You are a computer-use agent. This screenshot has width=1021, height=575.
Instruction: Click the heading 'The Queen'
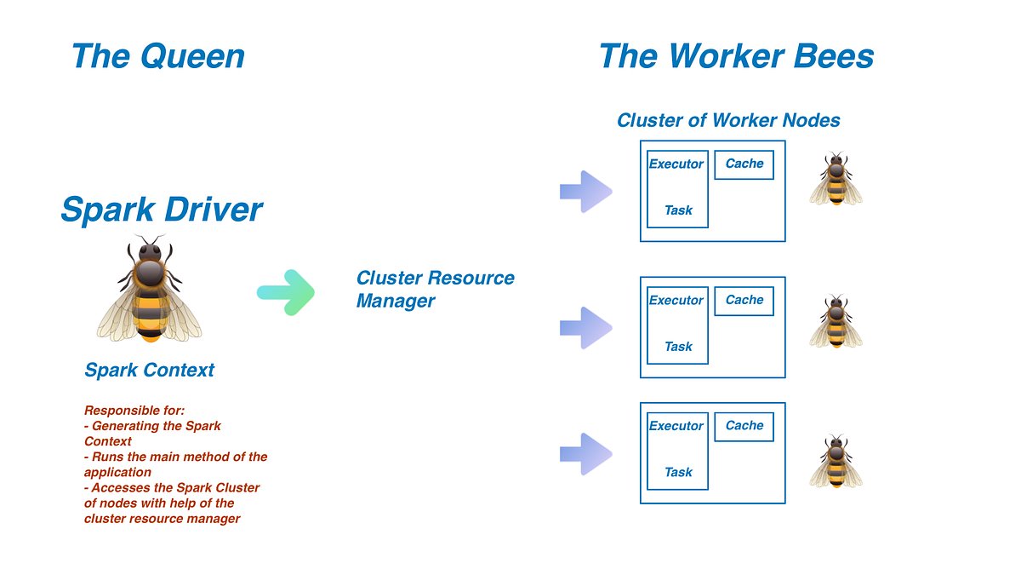click(158, 56)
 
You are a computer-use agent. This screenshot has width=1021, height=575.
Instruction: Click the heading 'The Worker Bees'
click(736, 56)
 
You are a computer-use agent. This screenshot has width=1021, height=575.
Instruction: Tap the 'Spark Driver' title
click(162, 210)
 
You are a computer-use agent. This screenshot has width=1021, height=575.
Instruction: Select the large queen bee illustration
click(150, 290)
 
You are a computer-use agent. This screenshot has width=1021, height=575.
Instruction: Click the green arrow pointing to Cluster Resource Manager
click(286, 292)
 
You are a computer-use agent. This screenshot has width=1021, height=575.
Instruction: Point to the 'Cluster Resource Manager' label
click(435, 290)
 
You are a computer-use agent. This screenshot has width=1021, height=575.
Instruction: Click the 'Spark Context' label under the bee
click(150, 371)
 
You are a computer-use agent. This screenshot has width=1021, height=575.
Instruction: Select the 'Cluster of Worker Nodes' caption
click(728, 120)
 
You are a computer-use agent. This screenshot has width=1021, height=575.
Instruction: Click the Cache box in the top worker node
click(744, 164)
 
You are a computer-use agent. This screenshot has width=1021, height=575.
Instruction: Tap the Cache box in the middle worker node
click(744, 301)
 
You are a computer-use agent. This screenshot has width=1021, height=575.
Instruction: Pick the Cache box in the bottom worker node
click(744, 426)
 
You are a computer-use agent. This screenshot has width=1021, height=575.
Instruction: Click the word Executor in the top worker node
click(676, 164)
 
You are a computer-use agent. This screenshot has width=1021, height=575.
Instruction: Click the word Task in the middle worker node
click(678, 347)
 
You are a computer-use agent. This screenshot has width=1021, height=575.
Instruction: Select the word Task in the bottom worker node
click(678, 472)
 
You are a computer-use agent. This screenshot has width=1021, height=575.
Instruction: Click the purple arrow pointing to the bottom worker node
click(585, 453)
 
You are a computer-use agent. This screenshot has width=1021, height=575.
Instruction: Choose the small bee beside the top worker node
click(836, 180)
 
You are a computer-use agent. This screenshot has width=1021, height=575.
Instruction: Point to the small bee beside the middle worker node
click(836, 322)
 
